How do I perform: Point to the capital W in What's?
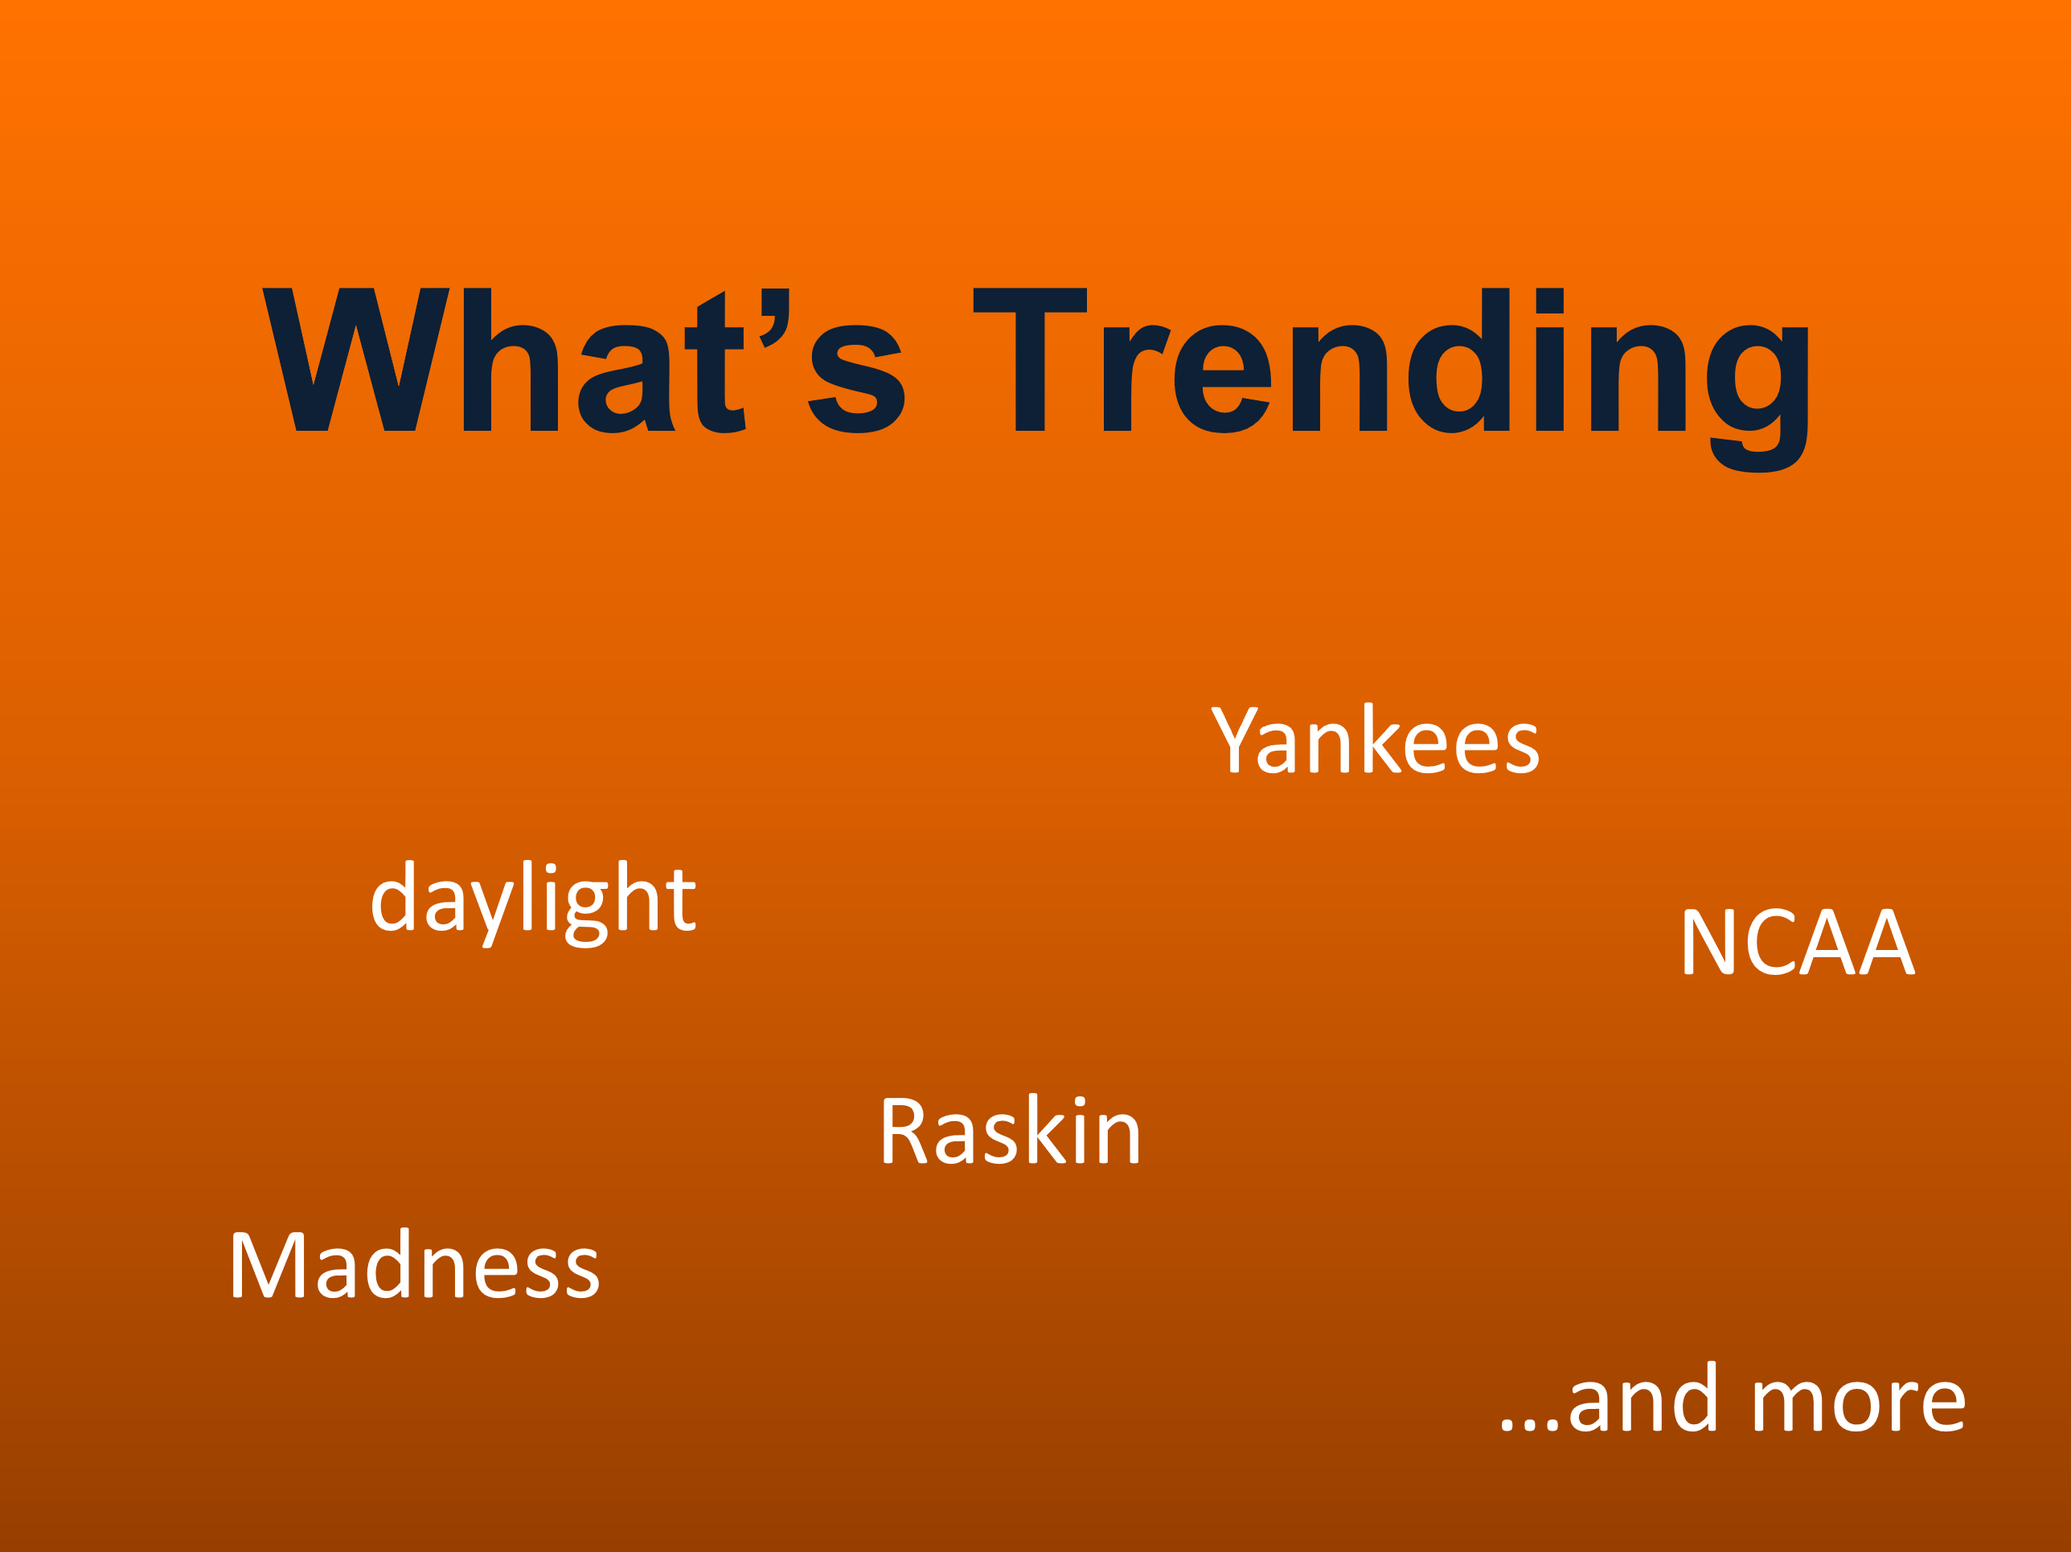(x=356, y=360)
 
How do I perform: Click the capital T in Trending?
(x=1029, y=360)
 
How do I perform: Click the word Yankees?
(x=1375, y=740)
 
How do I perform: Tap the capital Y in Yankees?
(x=1234, y=740)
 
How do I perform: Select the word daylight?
(x=534, y=899)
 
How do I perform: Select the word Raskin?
(x=1011, y=1132)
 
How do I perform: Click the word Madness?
(x=415, y=1267)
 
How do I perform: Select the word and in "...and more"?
(x=1643, y=1399)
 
